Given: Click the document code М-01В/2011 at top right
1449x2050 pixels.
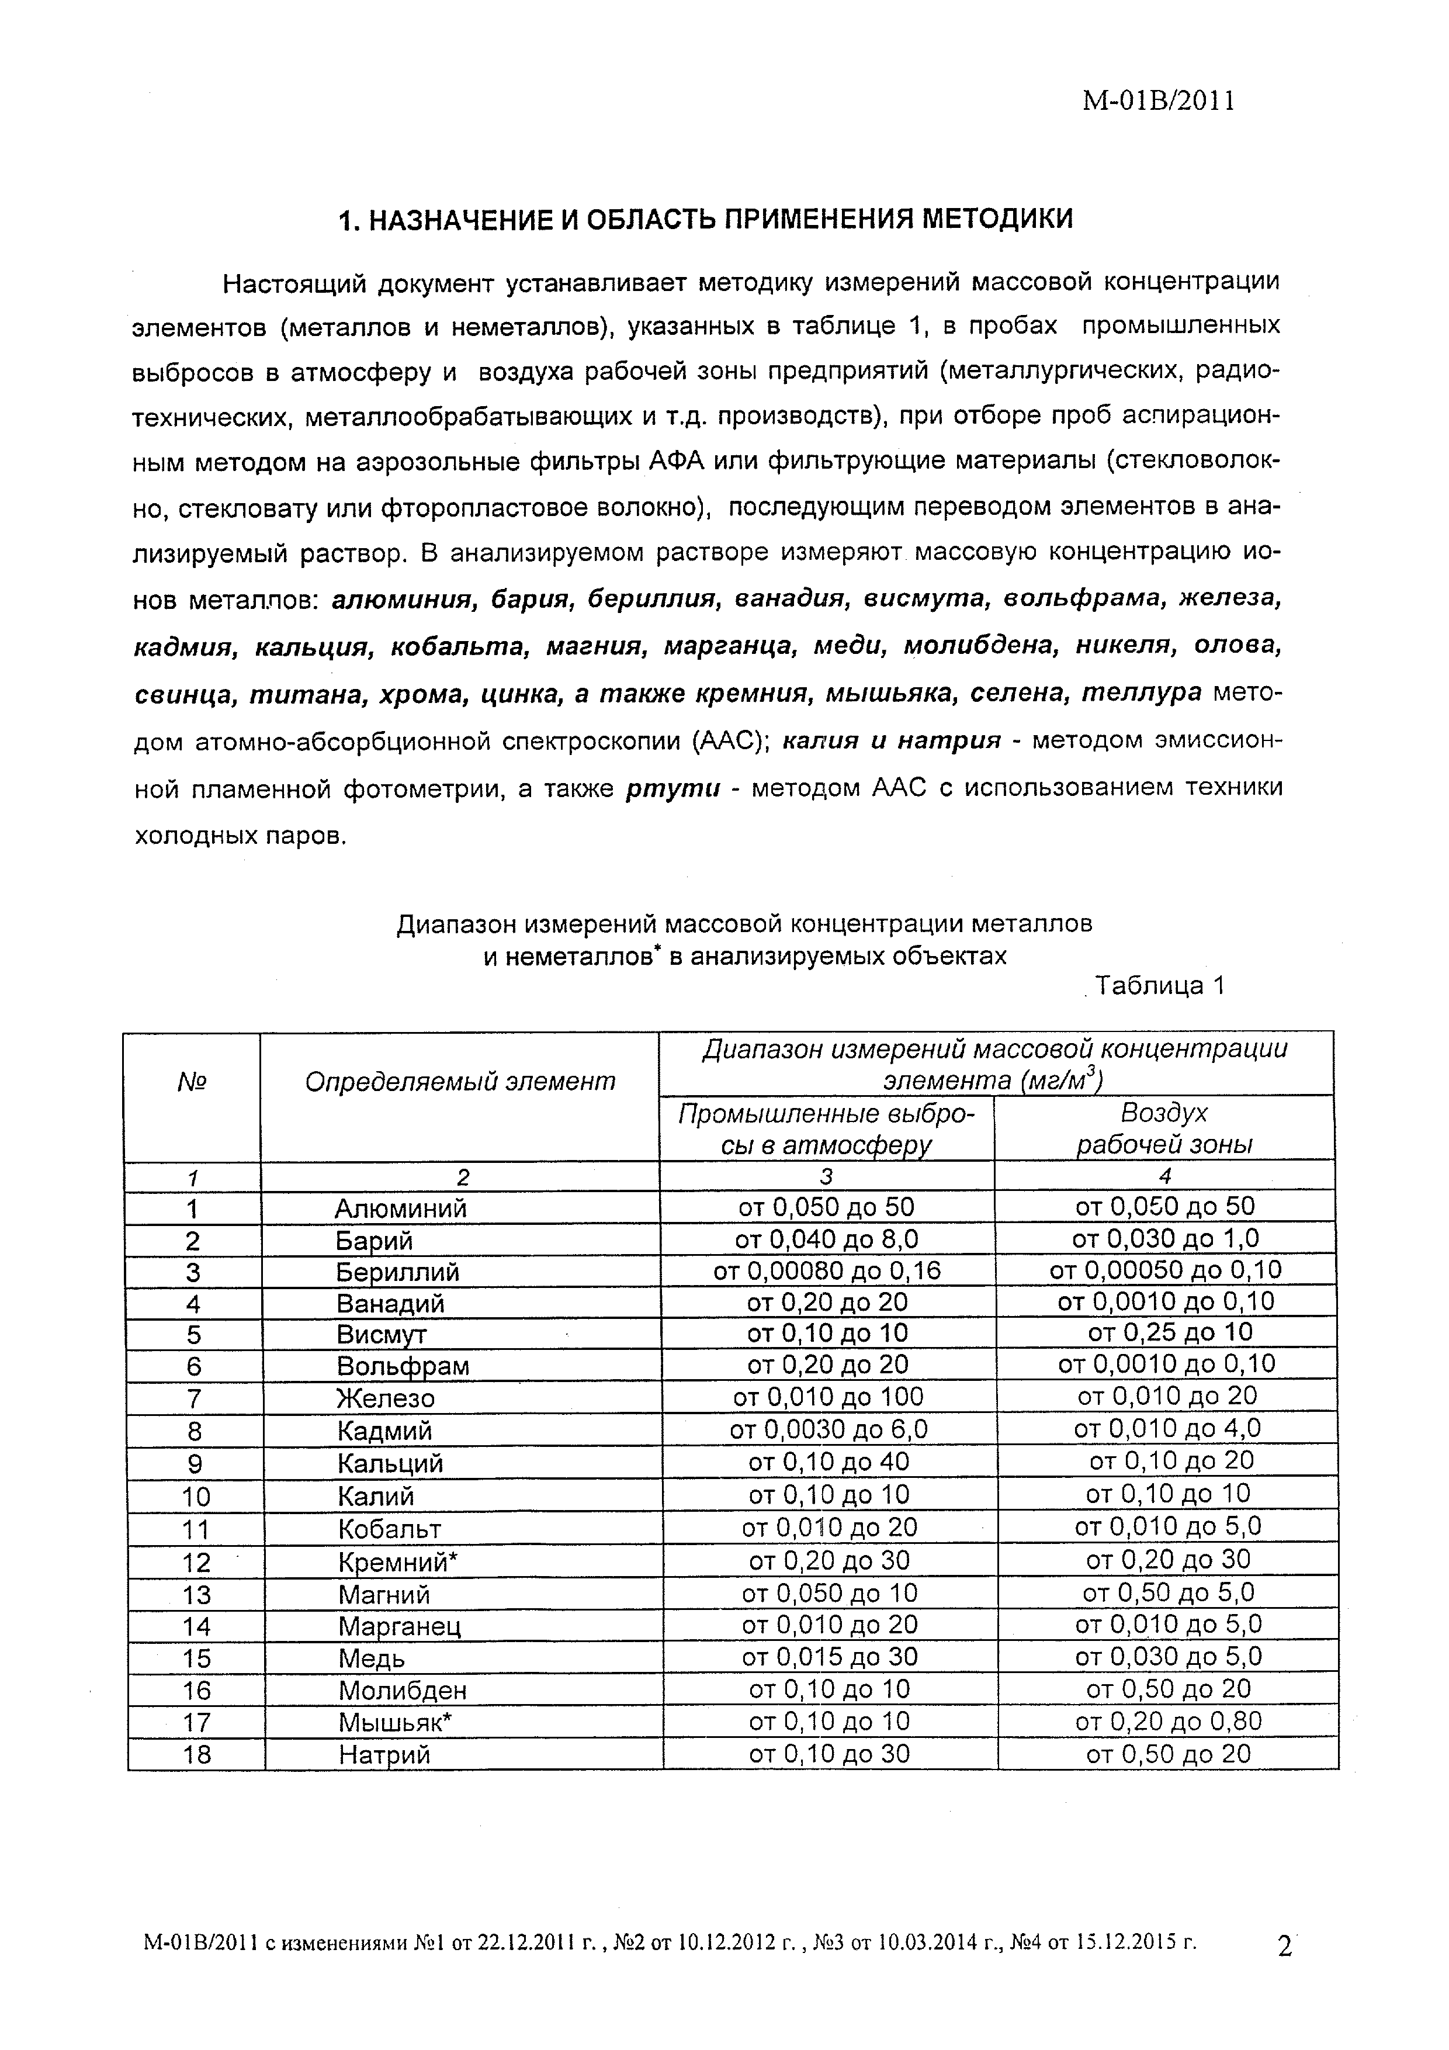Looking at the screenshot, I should (1158, 101).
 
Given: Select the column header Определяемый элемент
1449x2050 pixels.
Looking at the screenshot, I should (460, 1081).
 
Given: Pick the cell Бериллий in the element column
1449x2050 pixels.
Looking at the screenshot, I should (397, 1272).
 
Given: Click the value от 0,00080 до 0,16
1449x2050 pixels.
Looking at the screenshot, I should (827, 1270).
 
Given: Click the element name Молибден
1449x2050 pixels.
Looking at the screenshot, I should (402, 1690).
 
